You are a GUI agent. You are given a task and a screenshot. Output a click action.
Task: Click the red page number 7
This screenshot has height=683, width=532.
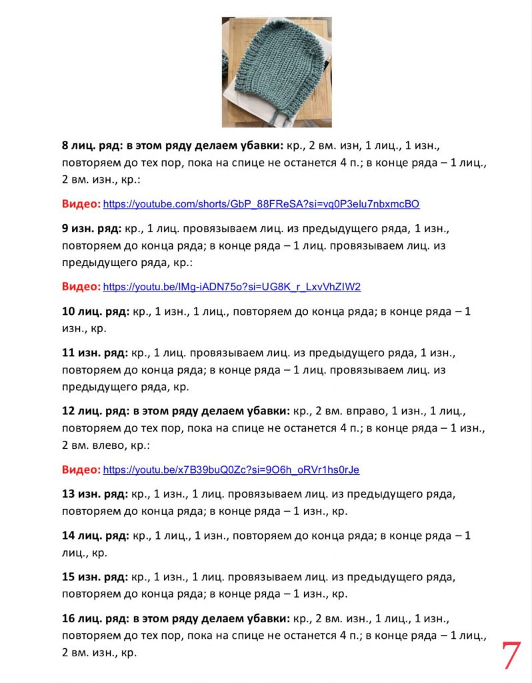tap(510, 656)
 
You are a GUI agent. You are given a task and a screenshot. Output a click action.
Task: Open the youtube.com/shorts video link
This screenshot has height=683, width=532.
tap(261, 204)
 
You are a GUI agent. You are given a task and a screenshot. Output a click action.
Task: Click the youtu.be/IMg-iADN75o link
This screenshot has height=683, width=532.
tap(231, 287)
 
